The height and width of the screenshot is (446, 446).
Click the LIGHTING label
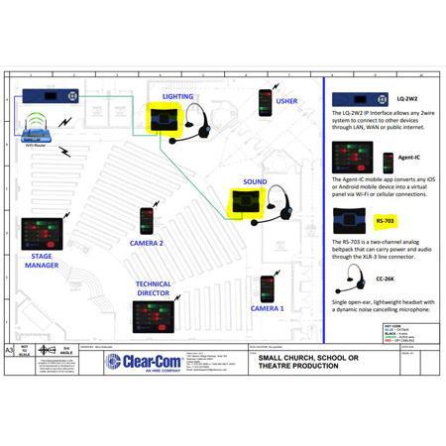(177, 97)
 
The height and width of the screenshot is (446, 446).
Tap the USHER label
(286, 100)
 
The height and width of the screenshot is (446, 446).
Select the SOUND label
(255, 182)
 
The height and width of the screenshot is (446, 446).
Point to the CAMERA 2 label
(146, 242)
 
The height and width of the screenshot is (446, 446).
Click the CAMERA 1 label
(267, 308)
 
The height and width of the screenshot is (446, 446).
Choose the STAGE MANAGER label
(41, 261)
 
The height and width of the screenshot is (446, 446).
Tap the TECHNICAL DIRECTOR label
(154, 289)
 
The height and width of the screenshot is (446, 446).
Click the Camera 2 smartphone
(147, 221)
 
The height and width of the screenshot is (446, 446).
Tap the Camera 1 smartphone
(267, 288)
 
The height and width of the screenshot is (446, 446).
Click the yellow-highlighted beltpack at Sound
(242, 204)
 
